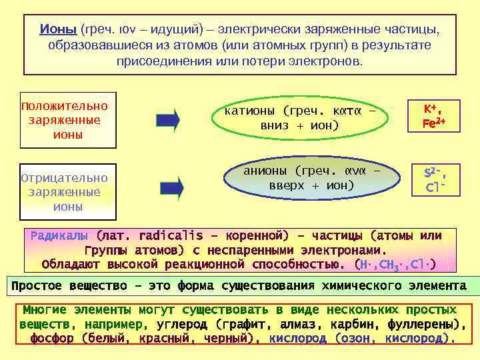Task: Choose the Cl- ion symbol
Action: click(433, 189)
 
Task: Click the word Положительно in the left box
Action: click(64, 107)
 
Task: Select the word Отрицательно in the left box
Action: click(64, 179)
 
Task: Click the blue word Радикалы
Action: click(59, 236)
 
